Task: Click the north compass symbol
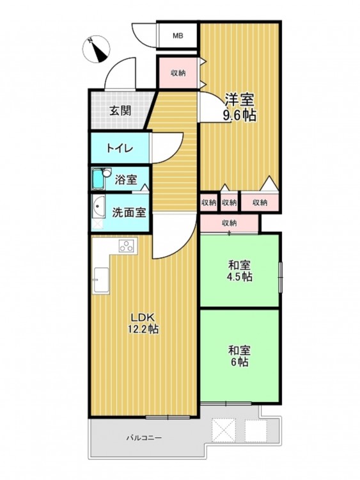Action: coord(96,49)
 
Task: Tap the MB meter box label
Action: coord(178,36)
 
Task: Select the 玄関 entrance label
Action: coord(120,111)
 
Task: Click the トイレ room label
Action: coord(120,148)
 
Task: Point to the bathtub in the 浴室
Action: coord(98,179)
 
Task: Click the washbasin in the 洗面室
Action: coord(98,207)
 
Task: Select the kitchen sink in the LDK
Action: coord(101,280)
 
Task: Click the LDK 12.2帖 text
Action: coord(143,323)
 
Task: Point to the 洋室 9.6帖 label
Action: coord(240,107)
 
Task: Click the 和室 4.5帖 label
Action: coord(240,271)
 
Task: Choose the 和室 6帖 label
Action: coord(240,356)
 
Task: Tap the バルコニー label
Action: coord(144,438)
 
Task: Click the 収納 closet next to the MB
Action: coord(178,73)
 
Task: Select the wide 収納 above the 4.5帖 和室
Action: coord(229,223)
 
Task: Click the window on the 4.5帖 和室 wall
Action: coord(280,277)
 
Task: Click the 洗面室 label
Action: coord(129,212)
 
